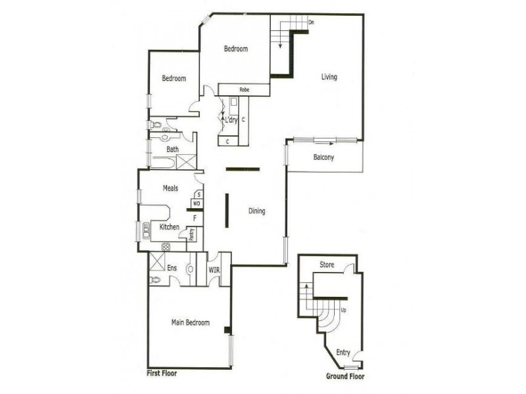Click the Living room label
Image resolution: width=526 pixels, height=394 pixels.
tap(329, 77)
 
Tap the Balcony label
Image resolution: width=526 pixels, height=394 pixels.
tap(323, 158)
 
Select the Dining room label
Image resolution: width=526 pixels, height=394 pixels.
tap(256, 211)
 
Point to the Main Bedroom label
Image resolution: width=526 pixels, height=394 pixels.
tap(190, 322)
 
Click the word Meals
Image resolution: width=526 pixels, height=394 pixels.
tap(170, 188)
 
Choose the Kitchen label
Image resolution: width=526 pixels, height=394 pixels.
tap(170, 227)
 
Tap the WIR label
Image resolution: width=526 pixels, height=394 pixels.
tap(214, 269)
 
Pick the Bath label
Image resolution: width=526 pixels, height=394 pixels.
tap(172, 149)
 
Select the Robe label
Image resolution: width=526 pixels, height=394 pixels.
tap(243, 89)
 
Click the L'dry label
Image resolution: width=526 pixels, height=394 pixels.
tap(231, 120)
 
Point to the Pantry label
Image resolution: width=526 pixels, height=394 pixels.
tap(191, 234)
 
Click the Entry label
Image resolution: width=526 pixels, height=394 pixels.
tap(343, 353)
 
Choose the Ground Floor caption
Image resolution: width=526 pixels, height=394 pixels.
tap(345, 376)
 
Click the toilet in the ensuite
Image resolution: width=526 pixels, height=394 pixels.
tap(155, 280)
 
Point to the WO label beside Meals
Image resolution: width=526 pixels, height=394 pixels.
tap(196, 204)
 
